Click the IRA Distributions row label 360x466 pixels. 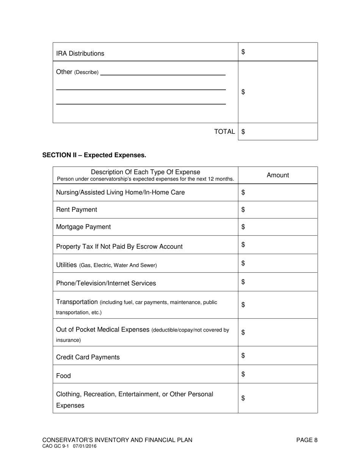coord(80,53)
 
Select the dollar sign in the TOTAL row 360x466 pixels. coord(243,132)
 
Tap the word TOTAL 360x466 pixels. coord(224,132)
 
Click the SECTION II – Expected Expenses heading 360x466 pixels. coord(94,155)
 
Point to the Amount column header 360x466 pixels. coord(278,175)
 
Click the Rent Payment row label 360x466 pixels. coord(77,210)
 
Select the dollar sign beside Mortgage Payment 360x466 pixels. coord(243,227)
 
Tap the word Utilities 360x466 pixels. coord(66,265)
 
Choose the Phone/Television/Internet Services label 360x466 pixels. coord(106,283)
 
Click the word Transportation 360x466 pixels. coord(77,302)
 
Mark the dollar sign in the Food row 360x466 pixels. coord(243,374)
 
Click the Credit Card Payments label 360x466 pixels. coord(88,357)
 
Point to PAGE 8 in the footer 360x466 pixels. coord(307,440)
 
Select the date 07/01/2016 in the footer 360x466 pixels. coord(85,447)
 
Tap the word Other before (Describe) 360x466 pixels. coord(64,72)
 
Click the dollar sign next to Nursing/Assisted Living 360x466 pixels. coord(243,192)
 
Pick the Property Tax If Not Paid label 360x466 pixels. coord(119,247)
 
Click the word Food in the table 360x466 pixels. coord(63,376)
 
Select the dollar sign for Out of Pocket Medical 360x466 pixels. coord(243,333)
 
